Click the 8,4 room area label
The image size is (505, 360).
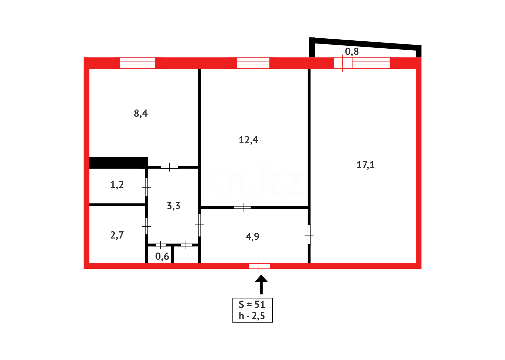click(141, 114)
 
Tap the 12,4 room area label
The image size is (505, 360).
click(248, 140)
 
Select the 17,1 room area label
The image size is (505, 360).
click(365, 165)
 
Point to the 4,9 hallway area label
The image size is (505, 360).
click(252, 237)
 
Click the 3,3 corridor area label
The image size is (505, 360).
click(173, 206)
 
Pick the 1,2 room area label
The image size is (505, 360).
click(117, 185)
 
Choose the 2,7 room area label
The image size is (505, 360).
click(117, 235)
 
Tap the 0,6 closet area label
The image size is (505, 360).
click(162, 256)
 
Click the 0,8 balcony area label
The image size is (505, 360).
click(352, 51)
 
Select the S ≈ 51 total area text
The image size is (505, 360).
click(252, 304)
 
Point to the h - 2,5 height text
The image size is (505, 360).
click(252, 316)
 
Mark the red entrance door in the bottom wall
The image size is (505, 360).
click(259, 266)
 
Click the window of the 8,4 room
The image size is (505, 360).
click(137, 63)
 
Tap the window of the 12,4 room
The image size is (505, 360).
click(253, 63)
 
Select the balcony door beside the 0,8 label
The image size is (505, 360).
click(343, 63)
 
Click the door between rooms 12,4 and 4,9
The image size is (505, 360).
click(243, 207)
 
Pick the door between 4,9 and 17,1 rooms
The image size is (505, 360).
click(309, 235)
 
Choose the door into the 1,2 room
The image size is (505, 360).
click(146, 187)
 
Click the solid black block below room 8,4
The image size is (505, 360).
click(118, 163)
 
